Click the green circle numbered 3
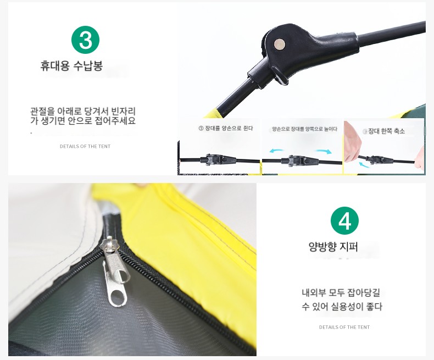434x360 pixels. coord(85,40)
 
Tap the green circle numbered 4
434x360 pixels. coord(344,221)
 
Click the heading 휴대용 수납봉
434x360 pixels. coord(71,66)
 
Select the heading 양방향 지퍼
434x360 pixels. coord(333,246)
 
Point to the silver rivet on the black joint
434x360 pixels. coord(279,45)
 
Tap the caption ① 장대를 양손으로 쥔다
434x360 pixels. coord(226,128)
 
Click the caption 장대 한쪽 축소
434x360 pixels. coord(386,131)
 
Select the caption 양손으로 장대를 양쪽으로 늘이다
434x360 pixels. coord(304,129)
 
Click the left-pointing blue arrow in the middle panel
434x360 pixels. coord(277,151)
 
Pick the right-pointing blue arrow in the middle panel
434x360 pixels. coord(324,151)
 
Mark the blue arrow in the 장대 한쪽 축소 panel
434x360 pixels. coord(364,165)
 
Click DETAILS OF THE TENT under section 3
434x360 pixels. coord(85,146)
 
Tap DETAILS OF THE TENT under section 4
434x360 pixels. coord(344,327)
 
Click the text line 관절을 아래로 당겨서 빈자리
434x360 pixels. coord(83,112)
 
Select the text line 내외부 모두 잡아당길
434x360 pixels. coord(341,292)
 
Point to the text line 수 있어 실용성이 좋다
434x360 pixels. coord(342,307)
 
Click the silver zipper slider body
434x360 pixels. coord(110,247)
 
